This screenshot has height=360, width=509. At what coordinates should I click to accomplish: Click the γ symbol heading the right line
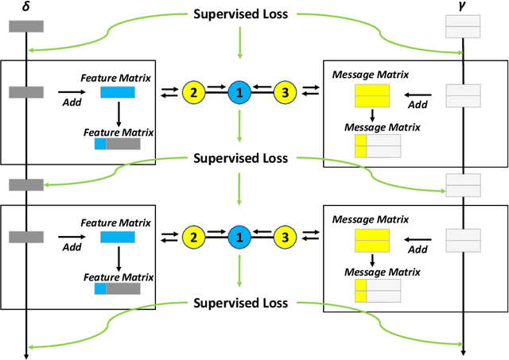[x=462, y=7]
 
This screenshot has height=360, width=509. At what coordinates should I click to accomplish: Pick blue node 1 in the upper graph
[x=238, y=91]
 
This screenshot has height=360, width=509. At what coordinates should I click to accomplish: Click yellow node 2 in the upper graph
[x=192, y=91]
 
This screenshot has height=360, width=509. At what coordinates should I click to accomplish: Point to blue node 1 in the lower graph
[x=238, y=236]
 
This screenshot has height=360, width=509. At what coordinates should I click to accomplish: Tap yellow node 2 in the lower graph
[x=192, y=236]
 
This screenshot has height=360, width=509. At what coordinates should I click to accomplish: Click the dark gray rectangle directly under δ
[x=25, y=26]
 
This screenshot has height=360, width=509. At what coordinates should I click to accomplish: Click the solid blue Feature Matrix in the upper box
[x=117, y=93]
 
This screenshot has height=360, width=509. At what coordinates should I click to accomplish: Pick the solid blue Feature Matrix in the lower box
[x=117, y=238]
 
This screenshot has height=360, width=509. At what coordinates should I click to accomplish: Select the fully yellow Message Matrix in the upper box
[x=371, y=96]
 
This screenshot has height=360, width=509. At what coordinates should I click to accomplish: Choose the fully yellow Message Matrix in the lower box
[x=371, y=240]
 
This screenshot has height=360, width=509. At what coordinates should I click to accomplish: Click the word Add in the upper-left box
[x=71, y=102]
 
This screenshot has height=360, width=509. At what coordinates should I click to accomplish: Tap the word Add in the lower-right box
[x=418, y=249]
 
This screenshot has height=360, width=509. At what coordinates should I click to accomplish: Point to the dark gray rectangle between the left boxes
[x=25, y=185]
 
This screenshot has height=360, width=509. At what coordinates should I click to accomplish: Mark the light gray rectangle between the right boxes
[x=462, y=185]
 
